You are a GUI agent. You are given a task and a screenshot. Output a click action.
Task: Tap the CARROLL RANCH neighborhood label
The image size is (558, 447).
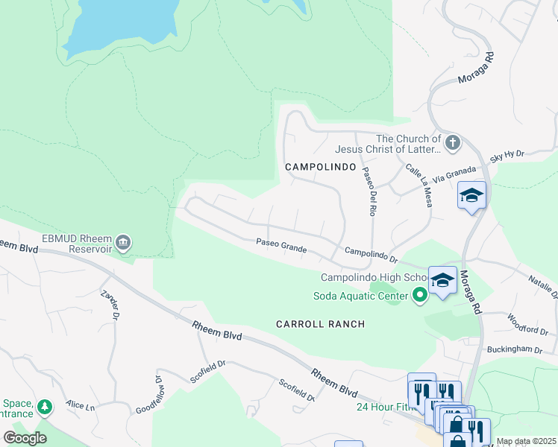click(x=320, y=324)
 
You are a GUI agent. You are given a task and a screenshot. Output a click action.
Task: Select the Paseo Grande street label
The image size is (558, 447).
click(x=281, y=243)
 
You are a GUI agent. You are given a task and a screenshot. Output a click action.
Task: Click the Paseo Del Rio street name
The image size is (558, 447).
click(x=368, y=191)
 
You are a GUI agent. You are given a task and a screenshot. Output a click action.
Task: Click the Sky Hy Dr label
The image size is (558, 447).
click(x=507, y=156)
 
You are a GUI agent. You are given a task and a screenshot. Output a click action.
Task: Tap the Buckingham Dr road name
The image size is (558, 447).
click(x=513, y=349)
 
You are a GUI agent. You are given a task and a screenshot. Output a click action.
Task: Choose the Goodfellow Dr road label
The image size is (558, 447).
click(x=150, y=396)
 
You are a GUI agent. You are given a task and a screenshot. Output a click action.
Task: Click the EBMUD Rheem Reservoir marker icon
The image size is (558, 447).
click(x=123, y=242)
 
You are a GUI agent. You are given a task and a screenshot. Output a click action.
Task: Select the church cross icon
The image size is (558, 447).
click(x=451, y=142)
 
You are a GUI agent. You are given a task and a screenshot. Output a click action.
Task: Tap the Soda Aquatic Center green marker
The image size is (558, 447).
click(x=420, y=297)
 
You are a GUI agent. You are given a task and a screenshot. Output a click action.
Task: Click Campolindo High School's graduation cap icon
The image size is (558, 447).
click(x=442, y=280)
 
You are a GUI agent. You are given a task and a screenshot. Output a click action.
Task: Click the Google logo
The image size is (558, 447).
click(x=25, y=437)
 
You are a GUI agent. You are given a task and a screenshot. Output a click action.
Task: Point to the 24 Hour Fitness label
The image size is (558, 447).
click(x=383, y=407)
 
